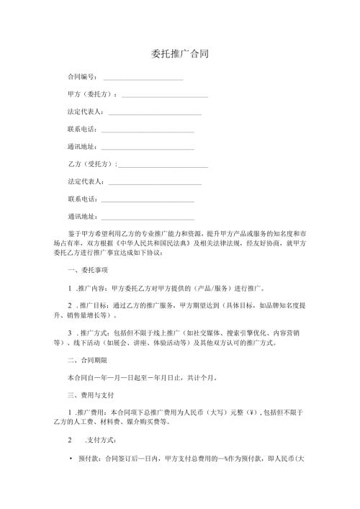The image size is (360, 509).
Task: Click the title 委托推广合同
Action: (x=180, y=54)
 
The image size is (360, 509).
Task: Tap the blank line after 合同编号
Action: (x=143, y=78)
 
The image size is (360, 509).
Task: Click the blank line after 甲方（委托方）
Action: (x=165, y=96)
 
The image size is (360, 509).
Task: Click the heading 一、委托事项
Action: (x=87, y=289)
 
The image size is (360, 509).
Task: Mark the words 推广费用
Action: (x=92, y=411)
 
